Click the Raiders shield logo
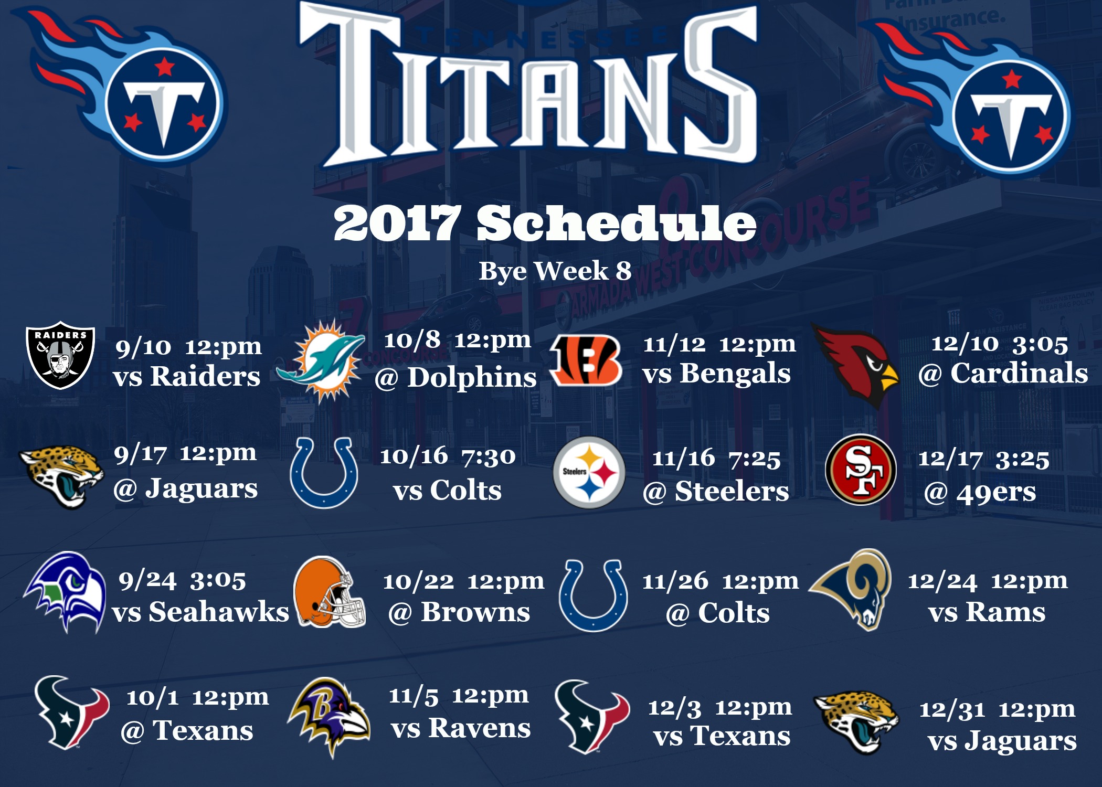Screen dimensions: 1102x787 point(60,355)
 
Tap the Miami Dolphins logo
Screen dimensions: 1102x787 point(321,361)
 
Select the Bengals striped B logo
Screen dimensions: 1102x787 point(586,360)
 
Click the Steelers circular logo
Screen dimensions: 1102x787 point(589,472)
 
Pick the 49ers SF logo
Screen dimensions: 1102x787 point(861,470)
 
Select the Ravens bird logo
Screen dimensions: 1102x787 point(329,717)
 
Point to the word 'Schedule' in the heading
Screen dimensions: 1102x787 point(616,223)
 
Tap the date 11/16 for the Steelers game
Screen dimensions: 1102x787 point(683,458)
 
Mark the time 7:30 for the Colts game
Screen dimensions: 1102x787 point(489,457)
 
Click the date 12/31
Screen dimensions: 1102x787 point(952,710)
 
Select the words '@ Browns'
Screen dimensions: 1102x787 point(459,612)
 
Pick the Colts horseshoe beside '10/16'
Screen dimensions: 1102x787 point(324,473)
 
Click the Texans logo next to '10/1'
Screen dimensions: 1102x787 point(72,712)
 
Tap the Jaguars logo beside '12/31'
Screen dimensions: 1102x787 point(856,722)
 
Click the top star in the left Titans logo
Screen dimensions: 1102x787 point(165,67)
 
